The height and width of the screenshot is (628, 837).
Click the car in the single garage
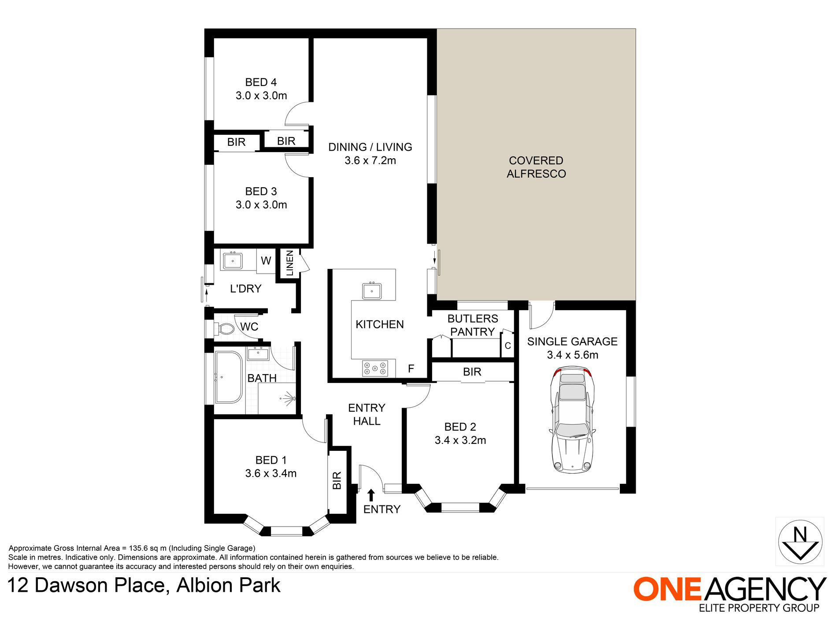pyautogui.click(x=572, y=420)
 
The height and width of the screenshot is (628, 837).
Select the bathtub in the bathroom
pyautogui.click(x=229, y=377)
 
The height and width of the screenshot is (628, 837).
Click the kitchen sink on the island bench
pyautogui.click(x=372, y=291)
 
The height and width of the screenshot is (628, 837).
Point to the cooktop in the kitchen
pyautogui.click(x=375, y=368)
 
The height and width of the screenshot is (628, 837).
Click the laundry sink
pyautogui.click(x=233, y=260)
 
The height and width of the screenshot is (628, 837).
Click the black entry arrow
pyautogui.click(x=371, y=495)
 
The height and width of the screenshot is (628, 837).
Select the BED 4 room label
pyautogui.click(x=261, y=82)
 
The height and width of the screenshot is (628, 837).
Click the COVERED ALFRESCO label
pyautogui.click(x=536, y=167)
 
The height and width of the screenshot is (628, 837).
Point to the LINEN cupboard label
pyautogui.click(x=289, y=263)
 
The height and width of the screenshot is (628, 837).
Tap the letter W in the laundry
pyautogui.click(x=266, y=261)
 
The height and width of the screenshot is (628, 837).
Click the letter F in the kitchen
pyautogui.click(x=411, y=368)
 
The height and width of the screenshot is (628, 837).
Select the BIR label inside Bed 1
pyautogui.click(x=337, y=480)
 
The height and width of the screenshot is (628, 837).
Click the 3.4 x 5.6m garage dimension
pyautogui.click(x=572, y=355)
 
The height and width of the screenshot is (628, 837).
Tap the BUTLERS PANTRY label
pyautogui.click(x=473, y=325)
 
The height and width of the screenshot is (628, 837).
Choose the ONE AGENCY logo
pyautogui.click(x=730, y=594)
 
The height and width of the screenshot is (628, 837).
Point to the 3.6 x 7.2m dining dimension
pyautogui.click(x=370, y=160)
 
